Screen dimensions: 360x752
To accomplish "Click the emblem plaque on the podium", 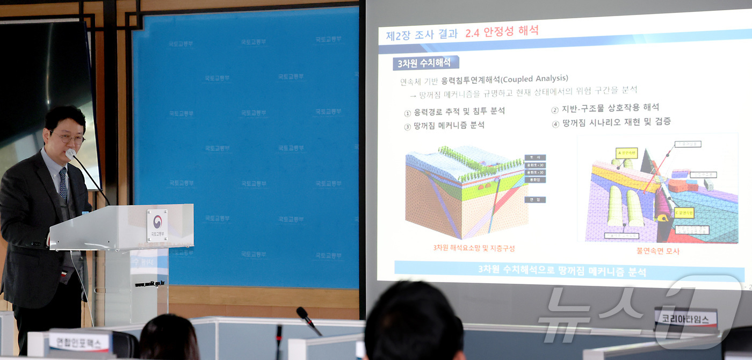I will [x=157, y=225].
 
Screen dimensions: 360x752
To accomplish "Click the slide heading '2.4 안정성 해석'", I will [x=502, y=31].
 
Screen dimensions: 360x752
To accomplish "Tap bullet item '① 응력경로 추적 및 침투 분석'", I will [x=454, y=112].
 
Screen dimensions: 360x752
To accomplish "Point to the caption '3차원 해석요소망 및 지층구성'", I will [x=474, y=248].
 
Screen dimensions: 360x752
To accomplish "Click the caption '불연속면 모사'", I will [x=657, y=250].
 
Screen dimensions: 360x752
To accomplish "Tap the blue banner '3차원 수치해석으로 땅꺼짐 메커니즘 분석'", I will [x=562, y=271].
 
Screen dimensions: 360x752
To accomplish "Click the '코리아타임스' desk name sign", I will [x=685, y=319].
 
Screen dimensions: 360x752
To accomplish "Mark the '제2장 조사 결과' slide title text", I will [x=422, y=34].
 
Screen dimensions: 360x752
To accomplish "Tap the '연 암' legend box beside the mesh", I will [x=535, y=199].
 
